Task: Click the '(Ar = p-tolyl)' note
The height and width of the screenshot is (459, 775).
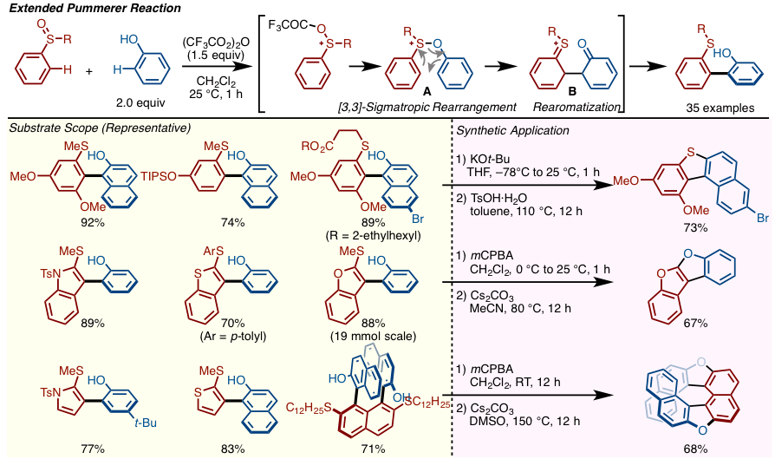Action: pos(231,336)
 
